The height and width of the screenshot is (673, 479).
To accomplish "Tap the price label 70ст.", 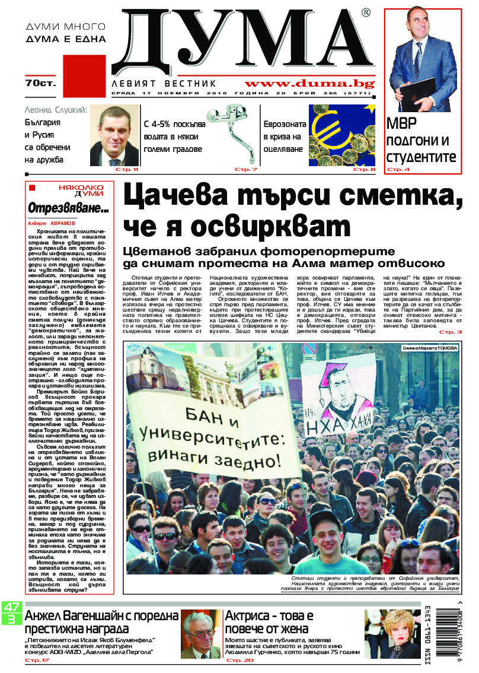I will pyautogui.click(x=40, y=82).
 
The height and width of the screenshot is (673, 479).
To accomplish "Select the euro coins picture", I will pyautogui.click(x=342, y=135).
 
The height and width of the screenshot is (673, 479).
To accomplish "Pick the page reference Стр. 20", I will pyautogui.click(x=239, y=660).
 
